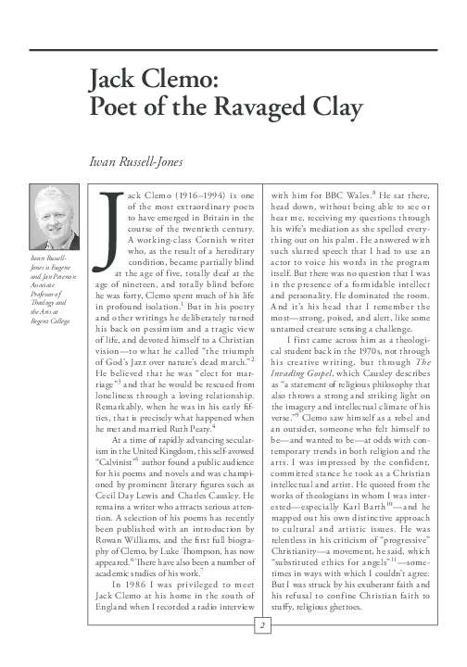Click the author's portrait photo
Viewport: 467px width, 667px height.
(x=55, y=220)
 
